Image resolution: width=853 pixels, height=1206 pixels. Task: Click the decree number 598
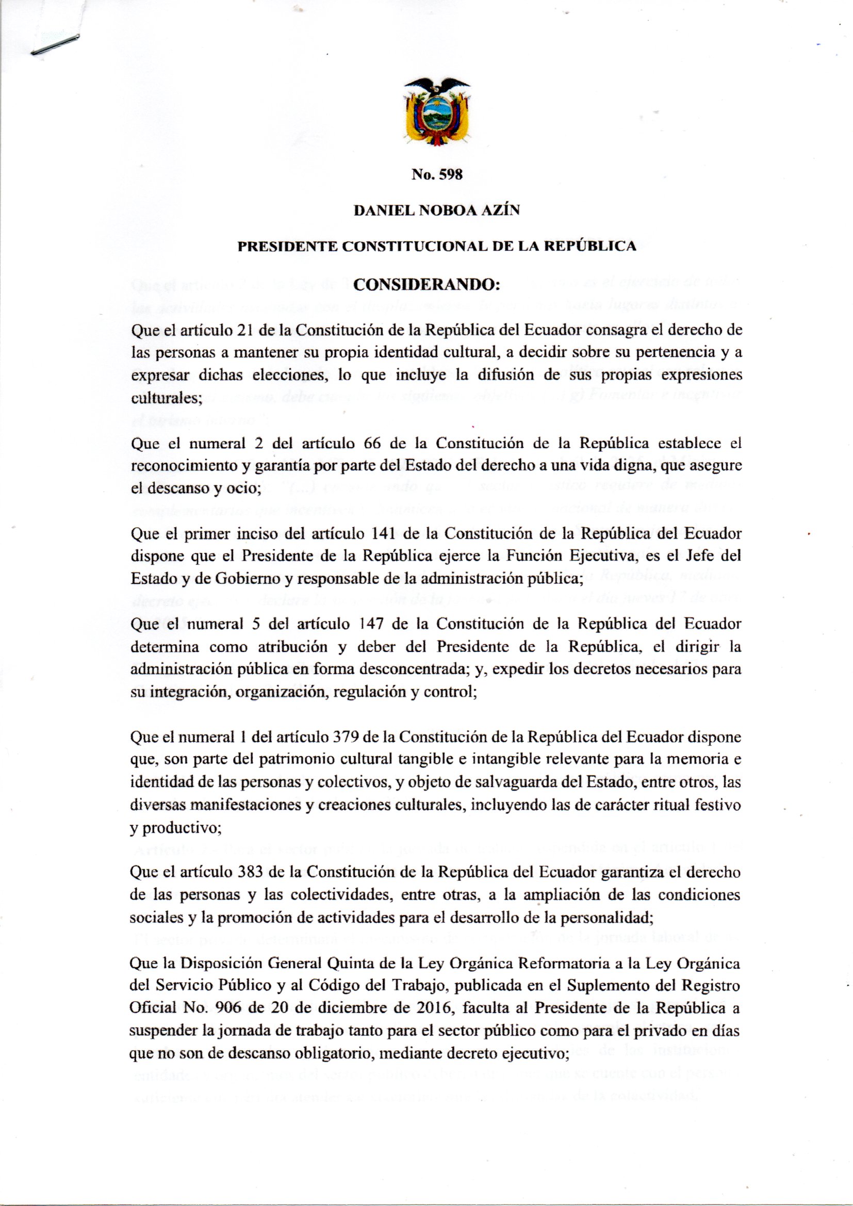451,175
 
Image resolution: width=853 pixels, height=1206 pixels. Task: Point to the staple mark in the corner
55,44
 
